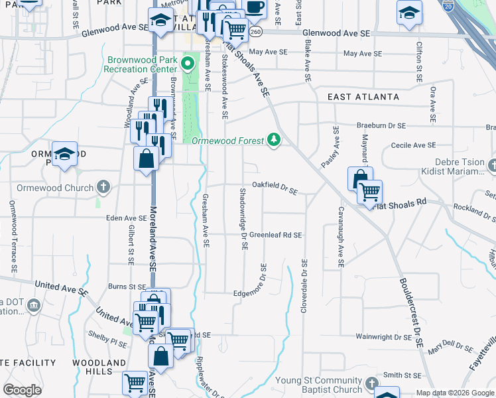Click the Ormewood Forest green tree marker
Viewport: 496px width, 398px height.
click(x=273, y=139)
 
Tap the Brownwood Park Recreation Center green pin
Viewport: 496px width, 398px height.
click(x=188, y=64)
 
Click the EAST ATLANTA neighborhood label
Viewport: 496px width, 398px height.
click(x=364, y=96)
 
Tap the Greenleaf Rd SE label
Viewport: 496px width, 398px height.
click(x=275, y=235)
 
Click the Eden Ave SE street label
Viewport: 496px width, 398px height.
click(x=127, y=218)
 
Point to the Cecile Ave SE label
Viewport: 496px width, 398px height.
click(x=413, y=145)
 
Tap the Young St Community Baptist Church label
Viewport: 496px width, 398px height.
click(x=318, y=385)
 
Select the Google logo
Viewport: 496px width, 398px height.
click(x=23, y=389)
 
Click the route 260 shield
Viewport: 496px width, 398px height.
click(x=257, y=32)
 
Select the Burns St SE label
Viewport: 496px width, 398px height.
click(x=127, y=287)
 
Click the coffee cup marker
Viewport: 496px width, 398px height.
click(x=254, y=7)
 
